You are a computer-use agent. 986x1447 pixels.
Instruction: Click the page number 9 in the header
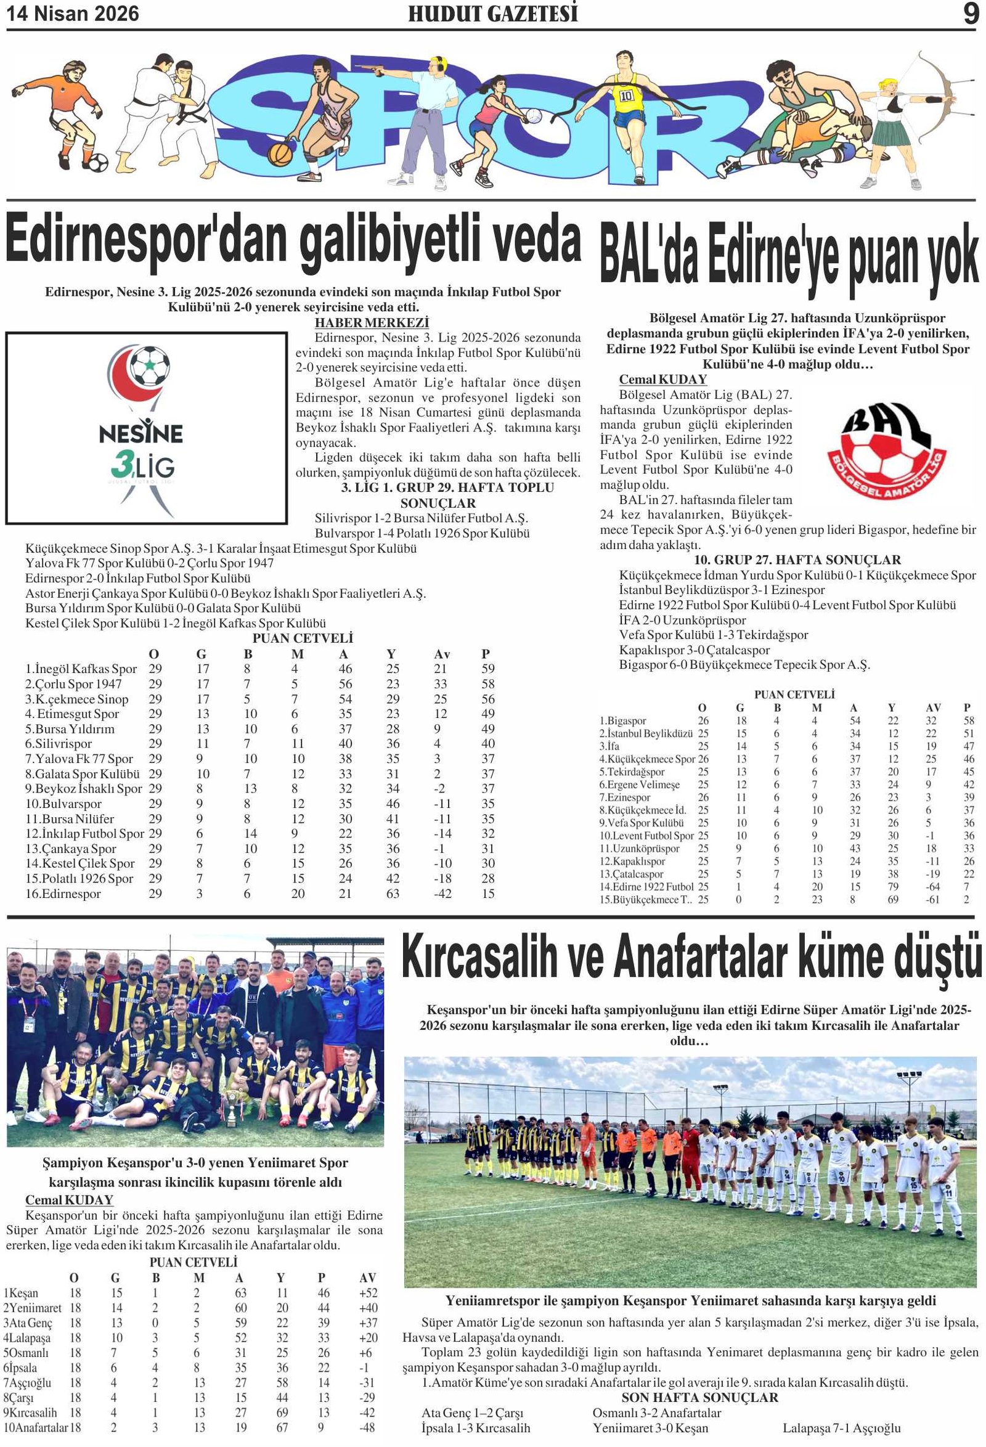(970, 14)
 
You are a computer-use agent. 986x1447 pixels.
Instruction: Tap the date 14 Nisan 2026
(73, 14)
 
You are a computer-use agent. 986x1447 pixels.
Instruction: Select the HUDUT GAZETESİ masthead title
(492, 14)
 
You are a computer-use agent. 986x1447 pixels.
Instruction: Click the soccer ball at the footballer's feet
(98, 163)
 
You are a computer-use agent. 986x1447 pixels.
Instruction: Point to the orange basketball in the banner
(280, 154)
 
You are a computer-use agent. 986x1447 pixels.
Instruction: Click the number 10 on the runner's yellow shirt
(625, 96)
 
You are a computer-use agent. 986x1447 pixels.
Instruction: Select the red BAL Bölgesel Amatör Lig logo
(886, 452)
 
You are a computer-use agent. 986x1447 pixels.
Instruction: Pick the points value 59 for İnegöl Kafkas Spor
(487, 669)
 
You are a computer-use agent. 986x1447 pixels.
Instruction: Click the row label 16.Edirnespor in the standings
(63, 894)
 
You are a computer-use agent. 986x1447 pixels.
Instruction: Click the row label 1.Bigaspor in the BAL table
(622, 720)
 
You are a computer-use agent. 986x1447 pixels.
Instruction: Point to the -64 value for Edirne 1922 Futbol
(932, 887)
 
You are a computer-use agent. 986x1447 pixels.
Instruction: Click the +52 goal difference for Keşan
(368, 1293)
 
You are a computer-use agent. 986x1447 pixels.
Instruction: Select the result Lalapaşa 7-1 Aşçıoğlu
(841, 1428)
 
